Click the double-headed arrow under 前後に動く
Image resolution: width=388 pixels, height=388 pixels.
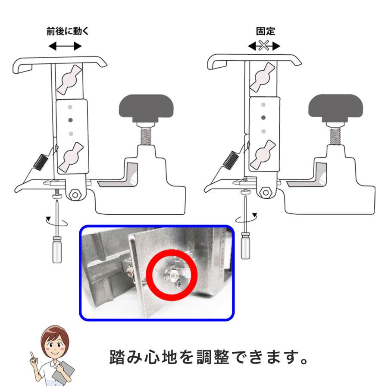tap(65, 46)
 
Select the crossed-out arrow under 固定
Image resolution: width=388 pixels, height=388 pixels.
tap(264, 46)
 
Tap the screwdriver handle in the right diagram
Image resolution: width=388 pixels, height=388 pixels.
tap(245, 245)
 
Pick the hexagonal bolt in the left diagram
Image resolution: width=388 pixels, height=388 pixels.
tap(77, 194)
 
